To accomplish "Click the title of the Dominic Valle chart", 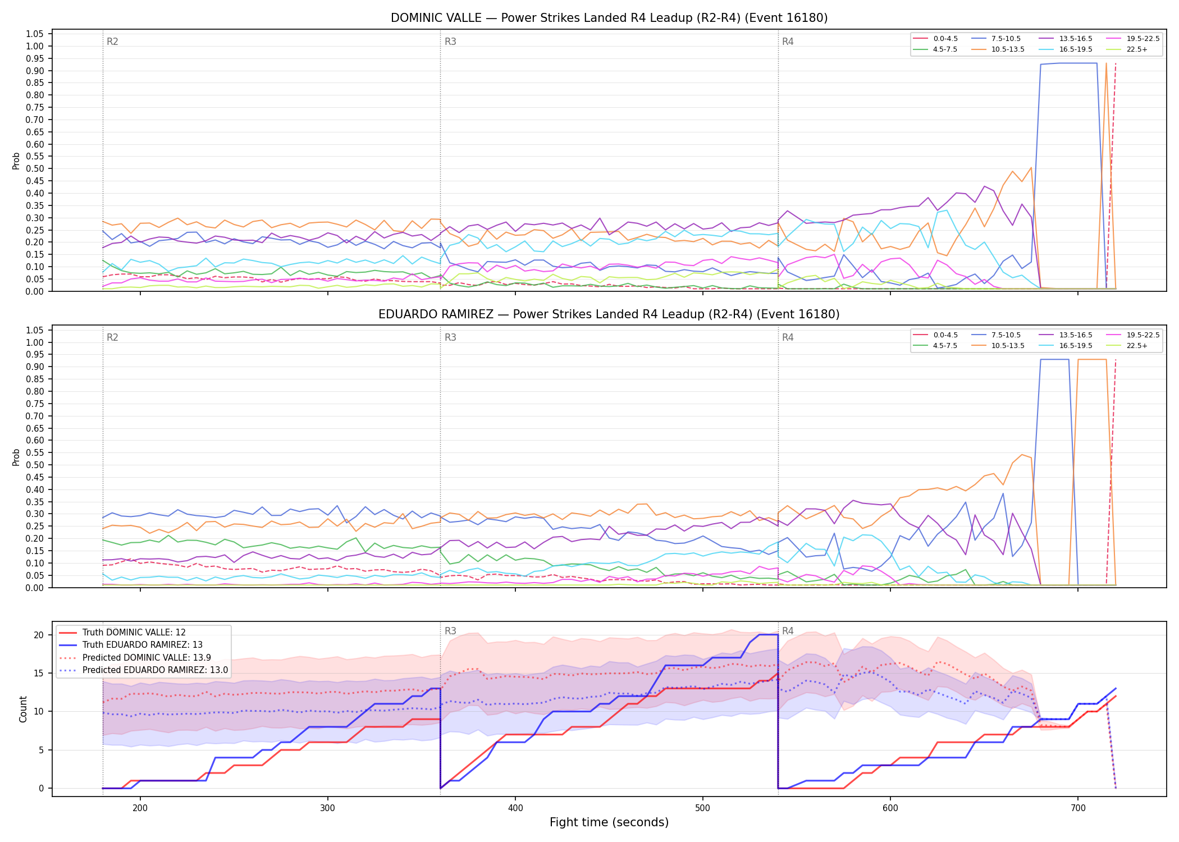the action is click(x=609, y=18).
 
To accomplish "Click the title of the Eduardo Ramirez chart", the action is click(x=609, y=314).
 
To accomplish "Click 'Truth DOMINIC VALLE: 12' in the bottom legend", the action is click(x=122, y=632).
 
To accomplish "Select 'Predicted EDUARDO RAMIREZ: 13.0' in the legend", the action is click(x=144, y=670).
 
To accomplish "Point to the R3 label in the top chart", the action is click(x=450, y=42).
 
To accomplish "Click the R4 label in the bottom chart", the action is click(x=788, y=631).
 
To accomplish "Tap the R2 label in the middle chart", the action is click(x=112, y=337).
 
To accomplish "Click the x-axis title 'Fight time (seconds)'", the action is click(x=609, y=822).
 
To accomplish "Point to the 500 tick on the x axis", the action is click(x=703, y=808).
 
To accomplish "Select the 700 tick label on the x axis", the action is click(x=1078, y=808).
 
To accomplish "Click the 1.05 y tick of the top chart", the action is click(x=35, y=34).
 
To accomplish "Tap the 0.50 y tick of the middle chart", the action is click(x=35, y=465).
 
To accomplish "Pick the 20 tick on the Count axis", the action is click(x=39, y=635).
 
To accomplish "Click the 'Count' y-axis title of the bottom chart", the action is click(x=23, y=709).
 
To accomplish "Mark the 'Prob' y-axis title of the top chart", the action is click(x=16, y=161).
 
